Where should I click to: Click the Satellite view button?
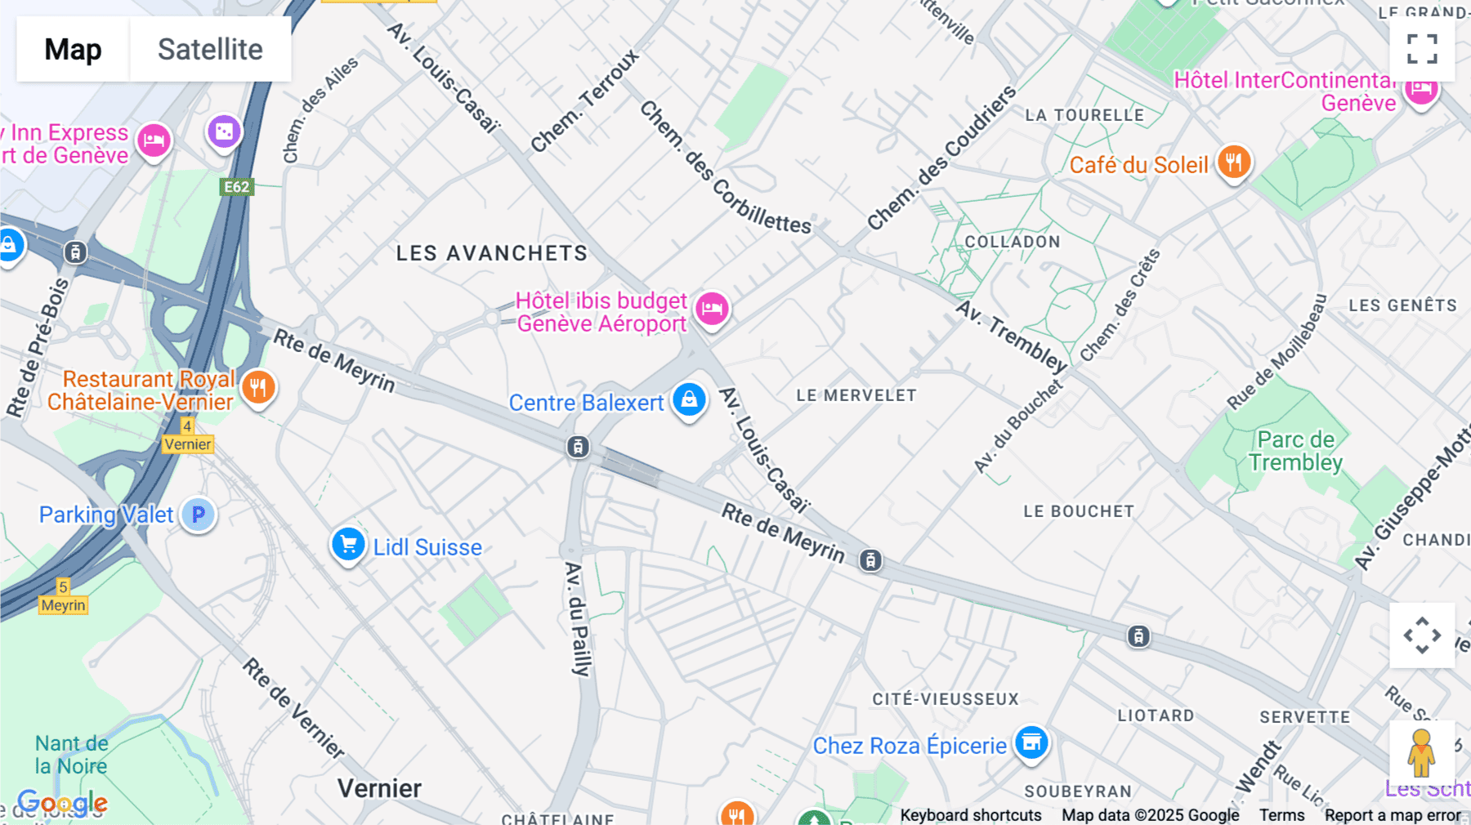pyautogui.click(x=210, y=49)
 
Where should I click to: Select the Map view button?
pyautogui.click(x=73, y=49)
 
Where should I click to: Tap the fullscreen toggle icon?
pyautogui.click(x=1422, y=49)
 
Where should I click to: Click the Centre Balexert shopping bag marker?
pyautogui.click(x=689, y=400)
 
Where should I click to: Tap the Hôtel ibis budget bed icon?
pyautogui.click(x=712, y=310)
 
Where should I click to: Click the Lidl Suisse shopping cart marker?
pyautogui.click(x=348, y=544)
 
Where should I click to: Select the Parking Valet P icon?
pyautogui.click(x=198, y=515)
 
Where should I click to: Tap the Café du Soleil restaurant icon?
pyautogui.click(x=1234, y=163)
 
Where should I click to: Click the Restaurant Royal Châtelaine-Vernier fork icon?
pyautogui.click(x=258, y=388)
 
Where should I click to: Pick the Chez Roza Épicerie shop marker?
pyautogui.click(x=1031, y=743)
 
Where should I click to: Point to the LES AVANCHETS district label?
pyautogui.click(x=492, y=253)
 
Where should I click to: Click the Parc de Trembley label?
pyautogui.click(x=1295, y=451)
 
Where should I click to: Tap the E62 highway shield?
pyautogui.click(x=237, y=187)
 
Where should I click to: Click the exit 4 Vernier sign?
pyautogui.click(x=187, y=436)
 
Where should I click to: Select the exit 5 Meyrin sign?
pyautogui.click(x=63, y=597)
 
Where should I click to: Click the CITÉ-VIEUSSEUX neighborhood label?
pyautogui.click(x=946, y=699)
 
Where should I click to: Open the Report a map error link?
pyautogui.click(x=1393, y=814)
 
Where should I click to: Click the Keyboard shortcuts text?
pyautogui.click(x=970, y=814)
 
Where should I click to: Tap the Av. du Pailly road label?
pyautogui.click(x=577, y=619)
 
